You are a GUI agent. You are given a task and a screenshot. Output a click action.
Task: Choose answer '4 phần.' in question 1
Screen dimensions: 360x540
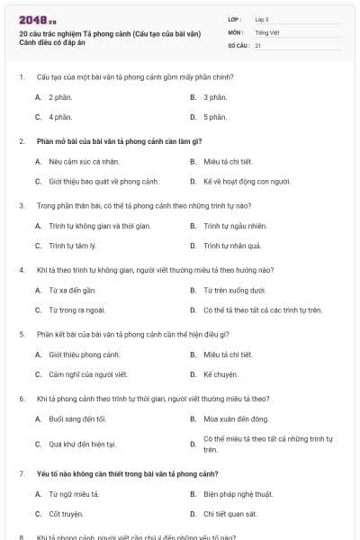click(x=60, y=117)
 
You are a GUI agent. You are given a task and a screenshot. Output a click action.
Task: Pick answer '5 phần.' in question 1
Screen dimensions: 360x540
click(x=215, y=117)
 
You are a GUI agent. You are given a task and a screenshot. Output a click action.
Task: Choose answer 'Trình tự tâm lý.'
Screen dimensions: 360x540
click(x=73, y=246)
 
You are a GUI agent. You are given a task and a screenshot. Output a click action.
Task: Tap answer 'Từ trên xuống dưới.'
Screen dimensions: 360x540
click(x=234, y=290)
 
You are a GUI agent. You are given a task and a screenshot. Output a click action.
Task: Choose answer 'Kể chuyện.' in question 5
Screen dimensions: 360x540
click(x=220, y=374)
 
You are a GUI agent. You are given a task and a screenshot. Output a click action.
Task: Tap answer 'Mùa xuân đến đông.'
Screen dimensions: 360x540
click(x=236, y=418)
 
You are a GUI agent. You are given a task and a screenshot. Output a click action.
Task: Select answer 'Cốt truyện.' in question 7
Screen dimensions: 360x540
click(x=66, y=514)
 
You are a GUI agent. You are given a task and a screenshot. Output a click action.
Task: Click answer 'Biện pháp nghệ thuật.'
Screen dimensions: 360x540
click(x=238, y=493)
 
